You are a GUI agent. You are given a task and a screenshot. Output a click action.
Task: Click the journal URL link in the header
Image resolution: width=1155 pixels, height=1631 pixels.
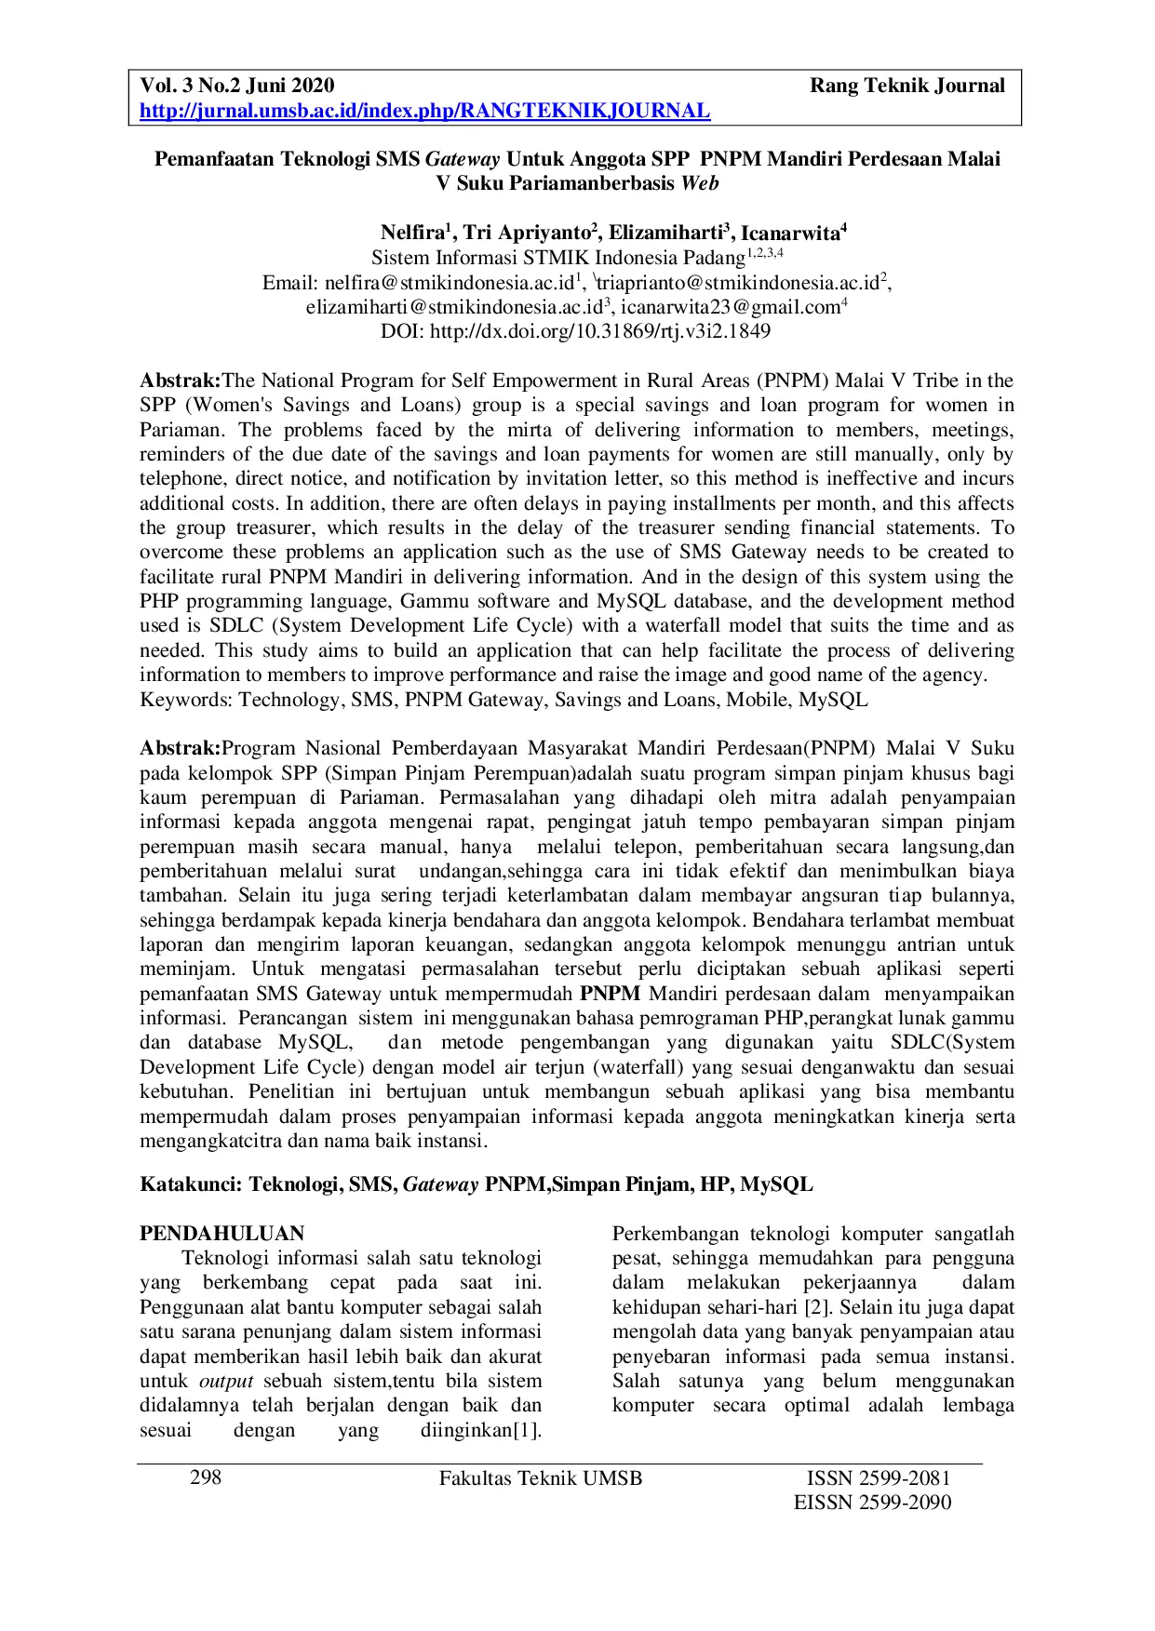pyautogui.click(x=424, y=112)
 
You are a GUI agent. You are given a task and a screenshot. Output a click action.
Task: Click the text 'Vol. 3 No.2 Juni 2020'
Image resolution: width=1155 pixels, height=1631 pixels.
pyautogui.click(x=236, y=87)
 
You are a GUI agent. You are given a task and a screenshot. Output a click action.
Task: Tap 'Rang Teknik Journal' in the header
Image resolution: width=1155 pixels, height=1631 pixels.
pyautogui.click(x=907, y=87)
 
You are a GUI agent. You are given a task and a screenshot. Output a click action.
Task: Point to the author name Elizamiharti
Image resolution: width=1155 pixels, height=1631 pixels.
pyautogui.click(x=666, y=233)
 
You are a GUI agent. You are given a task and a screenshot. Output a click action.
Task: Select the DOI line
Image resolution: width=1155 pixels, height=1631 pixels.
pyautogui.click(x=576, y=331)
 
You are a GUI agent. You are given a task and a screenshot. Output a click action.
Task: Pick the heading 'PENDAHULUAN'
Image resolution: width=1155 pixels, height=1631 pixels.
pyautogui.click(x=222, y=1234)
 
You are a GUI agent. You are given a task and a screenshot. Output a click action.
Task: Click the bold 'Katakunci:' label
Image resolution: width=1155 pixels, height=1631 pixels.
pyautogui.click(x=191, y=1184)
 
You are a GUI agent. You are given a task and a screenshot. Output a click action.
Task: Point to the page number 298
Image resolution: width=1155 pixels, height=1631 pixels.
pyautogui.click(x=206, y=1478)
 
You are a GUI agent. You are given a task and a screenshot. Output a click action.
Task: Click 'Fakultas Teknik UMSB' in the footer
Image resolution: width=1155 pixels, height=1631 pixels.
pyautogui.click(x=541, y=1478)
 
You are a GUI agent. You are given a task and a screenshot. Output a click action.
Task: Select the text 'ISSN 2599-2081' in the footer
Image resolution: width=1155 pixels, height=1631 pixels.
pyautogui.click(x=878, y=1478)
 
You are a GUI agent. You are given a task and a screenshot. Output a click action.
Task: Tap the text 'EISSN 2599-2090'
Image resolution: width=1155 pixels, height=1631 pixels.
pyautogui.click(x=871, y=1504)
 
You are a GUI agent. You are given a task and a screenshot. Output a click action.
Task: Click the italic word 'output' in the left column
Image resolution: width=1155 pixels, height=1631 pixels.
pyautogui.click(x=226, y=1381)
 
